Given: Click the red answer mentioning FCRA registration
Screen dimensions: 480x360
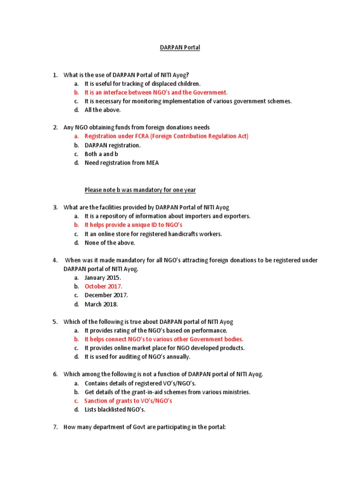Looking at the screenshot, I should pos(166,136).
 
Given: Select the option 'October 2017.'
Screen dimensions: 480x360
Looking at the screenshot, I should pos(104,286).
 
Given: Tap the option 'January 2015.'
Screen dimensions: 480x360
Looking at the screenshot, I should pos(103,277).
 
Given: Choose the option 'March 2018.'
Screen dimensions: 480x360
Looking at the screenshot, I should pos(101,304).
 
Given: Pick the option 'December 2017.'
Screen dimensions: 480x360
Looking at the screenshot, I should pos(106,295).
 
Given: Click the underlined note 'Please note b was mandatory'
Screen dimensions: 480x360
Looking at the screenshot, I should pos(140,190).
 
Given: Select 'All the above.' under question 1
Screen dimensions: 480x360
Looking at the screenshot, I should pos(103,110).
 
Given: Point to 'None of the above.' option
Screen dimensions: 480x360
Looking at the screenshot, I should pos(110,243).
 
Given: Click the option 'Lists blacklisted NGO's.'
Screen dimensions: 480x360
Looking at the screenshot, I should pos(115,410).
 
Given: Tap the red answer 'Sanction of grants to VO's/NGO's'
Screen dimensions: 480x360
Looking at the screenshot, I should pos(128,401).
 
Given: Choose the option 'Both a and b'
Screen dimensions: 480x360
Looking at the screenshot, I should pos(101,154).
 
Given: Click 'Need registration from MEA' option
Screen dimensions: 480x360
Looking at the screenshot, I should pos(121,163).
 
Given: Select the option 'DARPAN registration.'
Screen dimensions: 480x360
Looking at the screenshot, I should pos(112,145).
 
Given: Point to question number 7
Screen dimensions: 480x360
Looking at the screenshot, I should pos(55,427).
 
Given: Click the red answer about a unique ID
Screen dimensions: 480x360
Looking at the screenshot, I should pos(133,225).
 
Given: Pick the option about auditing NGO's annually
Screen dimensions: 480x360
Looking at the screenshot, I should pos(137,357).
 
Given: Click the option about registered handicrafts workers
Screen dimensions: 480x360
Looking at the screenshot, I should pos(153,234).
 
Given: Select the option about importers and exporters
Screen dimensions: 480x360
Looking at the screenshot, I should pos(167,216).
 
